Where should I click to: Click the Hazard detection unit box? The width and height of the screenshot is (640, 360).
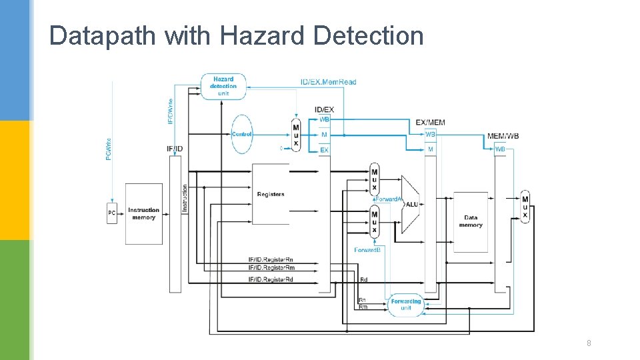coord(223,86)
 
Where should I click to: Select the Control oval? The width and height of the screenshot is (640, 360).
coord(241,134)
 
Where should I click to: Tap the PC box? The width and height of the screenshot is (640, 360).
coord(111,213)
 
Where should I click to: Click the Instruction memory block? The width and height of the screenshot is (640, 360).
coord(143,213)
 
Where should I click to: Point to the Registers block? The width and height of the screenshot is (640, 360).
coord(271,194)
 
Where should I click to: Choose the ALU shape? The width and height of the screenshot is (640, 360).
coord(411,204)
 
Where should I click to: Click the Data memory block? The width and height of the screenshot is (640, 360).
coord(471,221)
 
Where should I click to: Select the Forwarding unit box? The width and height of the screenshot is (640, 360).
coord(406,304)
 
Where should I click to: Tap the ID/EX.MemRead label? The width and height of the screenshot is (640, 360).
coord(328,82)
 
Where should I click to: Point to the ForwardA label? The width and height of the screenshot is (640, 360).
coord(388,199)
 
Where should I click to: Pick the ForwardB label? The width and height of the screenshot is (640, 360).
coord(367,250)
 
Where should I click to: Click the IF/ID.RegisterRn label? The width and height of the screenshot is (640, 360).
coord(271,259)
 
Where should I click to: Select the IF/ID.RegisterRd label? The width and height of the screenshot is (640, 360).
coord(271,279)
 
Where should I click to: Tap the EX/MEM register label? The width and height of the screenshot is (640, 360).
coord(430,123)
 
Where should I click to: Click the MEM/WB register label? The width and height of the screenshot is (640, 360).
coord(503,136)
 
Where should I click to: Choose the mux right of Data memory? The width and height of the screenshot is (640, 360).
coord(525,207)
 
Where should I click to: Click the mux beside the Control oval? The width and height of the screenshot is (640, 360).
coord(296,135)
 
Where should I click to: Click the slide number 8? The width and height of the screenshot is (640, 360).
coord(588,343)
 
